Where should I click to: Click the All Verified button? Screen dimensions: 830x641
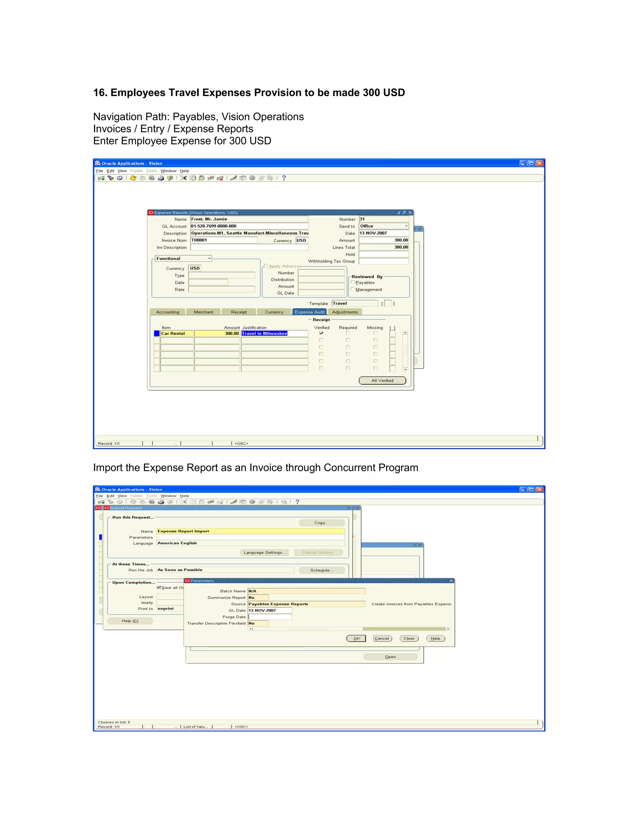coord(382,381)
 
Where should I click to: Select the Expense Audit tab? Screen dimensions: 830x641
coord(310,312)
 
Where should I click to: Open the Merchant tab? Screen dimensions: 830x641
coord(203,312)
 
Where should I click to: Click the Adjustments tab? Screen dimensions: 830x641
coord(345,312)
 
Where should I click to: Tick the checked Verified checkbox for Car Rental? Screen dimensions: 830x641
coord(321,333)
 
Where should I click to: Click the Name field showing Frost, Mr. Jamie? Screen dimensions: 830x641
coord(249,219)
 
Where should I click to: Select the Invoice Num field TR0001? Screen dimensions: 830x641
coord(224,240)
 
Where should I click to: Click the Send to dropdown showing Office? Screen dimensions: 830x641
coord(383,226)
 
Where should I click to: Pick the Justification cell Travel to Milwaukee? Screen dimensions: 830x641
coord(274,334)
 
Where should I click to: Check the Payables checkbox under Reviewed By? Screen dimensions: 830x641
coord(353,283)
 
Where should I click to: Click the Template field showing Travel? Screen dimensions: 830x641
coord(354,303)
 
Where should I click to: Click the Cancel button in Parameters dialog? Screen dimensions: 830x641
coord(382,638)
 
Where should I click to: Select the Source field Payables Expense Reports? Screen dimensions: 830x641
coord(306,604)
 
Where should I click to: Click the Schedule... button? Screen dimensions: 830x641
coord(322,570)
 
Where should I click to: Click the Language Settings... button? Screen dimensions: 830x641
coord(264,552)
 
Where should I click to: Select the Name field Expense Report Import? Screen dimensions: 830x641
coord(251,531)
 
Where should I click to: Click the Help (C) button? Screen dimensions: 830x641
coord(130,621)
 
